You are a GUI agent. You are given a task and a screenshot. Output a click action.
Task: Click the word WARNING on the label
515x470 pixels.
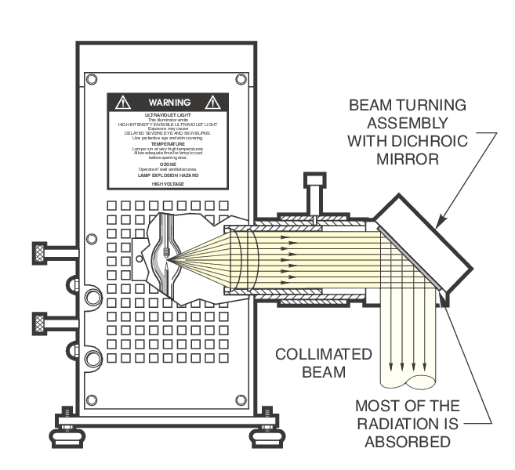tap(169, 103)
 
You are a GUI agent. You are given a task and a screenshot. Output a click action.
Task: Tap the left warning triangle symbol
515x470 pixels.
tap(122, 103)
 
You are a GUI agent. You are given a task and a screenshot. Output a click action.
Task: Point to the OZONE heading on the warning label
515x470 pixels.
tap(168, 164)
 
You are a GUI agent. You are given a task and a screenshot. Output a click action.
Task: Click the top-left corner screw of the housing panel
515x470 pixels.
tap(92, 79)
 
